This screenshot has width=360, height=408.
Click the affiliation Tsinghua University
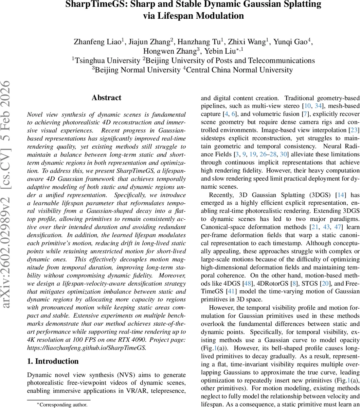coord(107,61)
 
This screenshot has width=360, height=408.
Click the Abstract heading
coord(106,98)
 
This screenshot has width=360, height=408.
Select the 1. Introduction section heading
coord(53,361)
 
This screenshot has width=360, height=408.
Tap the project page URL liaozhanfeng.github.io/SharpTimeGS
coord(87,347)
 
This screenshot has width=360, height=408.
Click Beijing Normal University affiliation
coord(137,70)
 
